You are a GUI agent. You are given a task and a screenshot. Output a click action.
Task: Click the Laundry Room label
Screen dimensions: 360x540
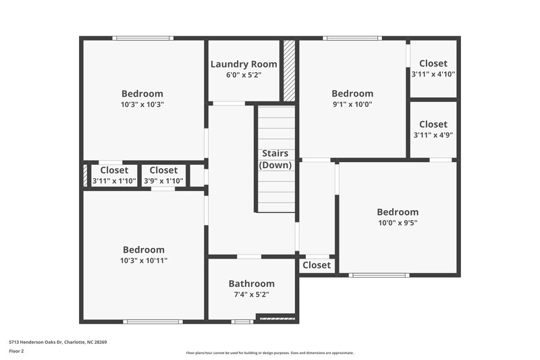click(x=243, y=64)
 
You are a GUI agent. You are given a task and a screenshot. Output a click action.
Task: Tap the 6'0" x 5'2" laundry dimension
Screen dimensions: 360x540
click(x=243, y=75)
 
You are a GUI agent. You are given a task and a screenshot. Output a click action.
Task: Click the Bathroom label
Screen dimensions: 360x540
click(x=251, y=284)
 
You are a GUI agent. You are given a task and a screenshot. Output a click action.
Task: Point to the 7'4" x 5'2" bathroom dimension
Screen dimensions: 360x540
click(x=251, y=294)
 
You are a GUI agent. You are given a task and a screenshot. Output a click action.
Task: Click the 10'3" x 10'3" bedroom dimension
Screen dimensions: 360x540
click(x=142, y=105)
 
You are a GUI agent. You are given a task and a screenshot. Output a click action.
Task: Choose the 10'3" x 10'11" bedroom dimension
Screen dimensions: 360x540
click(x=143, y=261)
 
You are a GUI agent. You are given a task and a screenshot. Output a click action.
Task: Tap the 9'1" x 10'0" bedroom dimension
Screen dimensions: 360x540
click(x=352, y=105)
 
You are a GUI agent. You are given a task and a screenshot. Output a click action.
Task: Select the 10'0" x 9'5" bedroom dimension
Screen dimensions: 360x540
click(x=398, y=223)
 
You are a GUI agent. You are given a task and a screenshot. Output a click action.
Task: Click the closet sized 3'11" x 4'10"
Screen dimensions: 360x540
click(x=433, y=69)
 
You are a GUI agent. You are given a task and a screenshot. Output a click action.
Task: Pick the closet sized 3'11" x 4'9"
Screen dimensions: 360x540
click(x=433, y=129)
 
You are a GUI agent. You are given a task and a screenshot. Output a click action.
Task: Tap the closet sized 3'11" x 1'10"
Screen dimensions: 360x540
click(x=114, y=176)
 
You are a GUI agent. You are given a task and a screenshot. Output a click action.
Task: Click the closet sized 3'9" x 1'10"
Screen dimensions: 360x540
click(x=163, y=176)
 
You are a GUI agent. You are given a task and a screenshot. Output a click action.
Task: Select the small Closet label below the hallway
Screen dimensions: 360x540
click(x=317, y=265)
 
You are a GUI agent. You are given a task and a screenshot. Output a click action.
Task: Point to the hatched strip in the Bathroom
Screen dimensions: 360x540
click(x=277, y=316)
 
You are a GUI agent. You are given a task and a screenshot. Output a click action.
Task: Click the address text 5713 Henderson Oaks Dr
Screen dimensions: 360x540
click(x=57, y=342)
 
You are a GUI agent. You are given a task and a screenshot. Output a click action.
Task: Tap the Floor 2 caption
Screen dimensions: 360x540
click(x=16, y=351)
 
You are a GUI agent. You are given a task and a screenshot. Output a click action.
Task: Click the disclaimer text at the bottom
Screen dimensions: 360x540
click(x=269, y=353)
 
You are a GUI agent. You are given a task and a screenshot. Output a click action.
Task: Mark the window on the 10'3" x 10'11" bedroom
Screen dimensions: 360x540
click(x=153, y=322)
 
